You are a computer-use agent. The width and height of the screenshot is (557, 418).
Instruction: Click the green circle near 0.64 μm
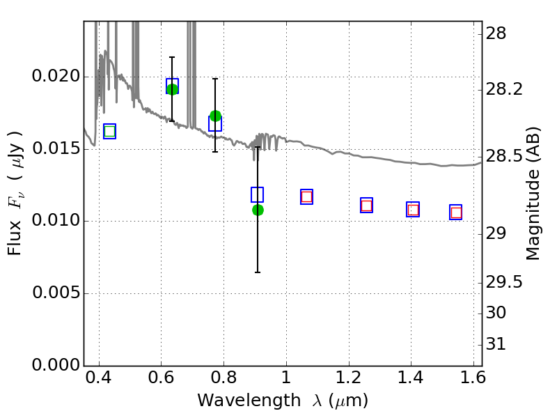click(x=172, y=89)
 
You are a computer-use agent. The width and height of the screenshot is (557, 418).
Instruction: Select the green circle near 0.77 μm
click(x=215, y=116)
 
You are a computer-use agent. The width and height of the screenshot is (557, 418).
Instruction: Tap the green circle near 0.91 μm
click(x=258, y=210)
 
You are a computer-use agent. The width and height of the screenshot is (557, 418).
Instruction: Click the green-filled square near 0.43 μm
click(x=110, y=132)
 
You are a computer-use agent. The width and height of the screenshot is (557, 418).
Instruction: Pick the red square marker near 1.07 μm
click(x=306, y=197)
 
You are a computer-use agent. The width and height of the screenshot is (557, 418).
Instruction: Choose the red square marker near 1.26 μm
click(x=367, y=206)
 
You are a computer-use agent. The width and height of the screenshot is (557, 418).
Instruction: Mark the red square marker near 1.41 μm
click(x=413, y=210)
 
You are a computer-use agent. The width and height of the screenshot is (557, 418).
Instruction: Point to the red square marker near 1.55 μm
click(x=456, y=212)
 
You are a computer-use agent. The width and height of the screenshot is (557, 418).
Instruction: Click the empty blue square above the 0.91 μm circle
click(x=257, y=194)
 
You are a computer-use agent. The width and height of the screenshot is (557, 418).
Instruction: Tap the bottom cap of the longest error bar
click(x=258, y=272)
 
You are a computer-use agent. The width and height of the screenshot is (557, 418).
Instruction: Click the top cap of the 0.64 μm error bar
click(x=172, y=57)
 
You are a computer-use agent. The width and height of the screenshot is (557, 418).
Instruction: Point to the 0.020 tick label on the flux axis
click(x=56, y=75)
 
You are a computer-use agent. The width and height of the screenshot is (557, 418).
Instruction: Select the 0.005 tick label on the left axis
click(x=56, y=293)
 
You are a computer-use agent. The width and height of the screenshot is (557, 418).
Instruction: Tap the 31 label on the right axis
click(x=496, y=343)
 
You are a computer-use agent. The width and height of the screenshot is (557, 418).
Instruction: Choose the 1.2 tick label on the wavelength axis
click(x=349, y=378)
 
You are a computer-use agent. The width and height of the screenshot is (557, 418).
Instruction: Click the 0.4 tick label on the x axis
click(x=99, y=378)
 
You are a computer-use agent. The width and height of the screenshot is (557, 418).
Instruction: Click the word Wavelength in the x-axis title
click(x=249, y=401)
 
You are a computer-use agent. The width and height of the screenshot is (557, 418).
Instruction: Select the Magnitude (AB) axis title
click(x=532, y=194)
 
